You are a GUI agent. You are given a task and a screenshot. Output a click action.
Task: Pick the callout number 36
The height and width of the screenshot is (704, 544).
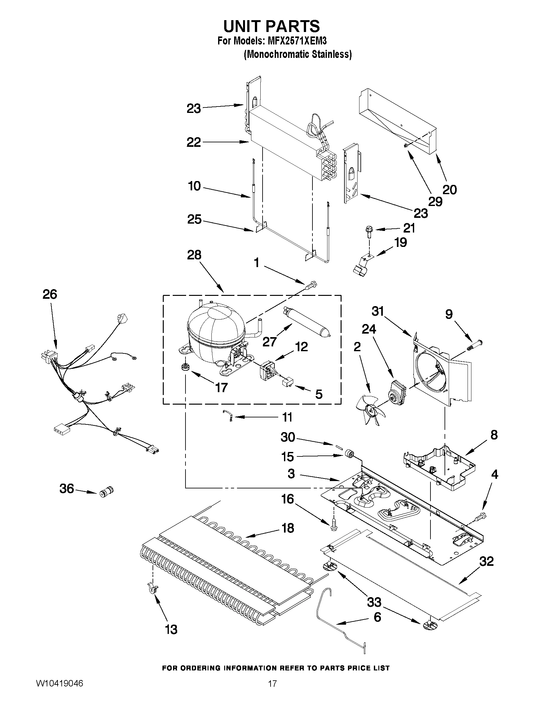coord(67,489)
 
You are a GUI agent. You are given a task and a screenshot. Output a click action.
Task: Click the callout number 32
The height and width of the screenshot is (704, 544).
coord(486,561)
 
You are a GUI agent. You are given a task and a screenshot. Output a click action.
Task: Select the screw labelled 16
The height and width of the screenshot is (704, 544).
coord(334,526)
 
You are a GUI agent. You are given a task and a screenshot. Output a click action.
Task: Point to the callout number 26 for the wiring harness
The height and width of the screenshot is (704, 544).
coord(50,294)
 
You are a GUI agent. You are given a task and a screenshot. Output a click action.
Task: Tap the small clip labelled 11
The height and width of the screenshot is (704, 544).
coord(229,416)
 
